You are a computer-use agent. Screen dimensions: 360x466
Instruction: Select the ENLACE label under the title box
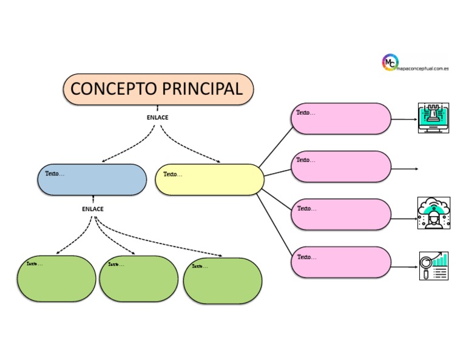[x=157, y=117]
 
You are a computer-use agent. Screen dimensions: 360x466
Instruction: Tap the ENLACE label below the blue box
[x=93, y=209]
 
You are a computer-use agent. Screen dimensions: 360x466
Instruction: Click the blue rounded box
[x=92, y=179]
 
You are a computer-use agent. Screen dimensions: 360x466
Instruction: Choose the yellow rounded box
[x=209, y=179]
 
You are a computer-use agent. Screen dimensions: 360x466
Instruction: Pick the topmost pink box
[x=340, y=118]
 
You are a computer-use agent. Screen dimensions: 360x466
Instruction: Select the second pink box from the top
[x=340, y=166]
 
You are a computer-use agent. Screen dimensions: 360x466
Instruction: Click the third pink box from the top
[x=340, y=214]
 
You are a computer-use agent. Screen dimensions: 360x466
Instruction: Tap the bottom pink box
[x=340, y=262]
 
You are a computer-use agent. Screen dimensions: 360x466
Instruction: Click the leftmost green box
[x=56, y=279]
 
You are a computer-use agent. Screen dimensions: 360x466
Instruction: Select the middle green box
[x=138, y=279]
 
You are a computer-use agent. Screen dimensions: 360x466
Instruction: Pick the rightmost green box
[x=223, y=280]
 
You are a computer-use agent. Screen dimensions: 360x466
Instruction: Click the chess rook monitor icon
[x=433, y=118]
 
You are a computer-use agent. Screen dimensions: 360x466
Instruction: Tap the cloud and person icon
[x=434, y=213]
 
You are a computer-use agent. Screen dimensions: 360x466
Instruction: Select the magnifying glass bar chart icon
[x=434, y=265]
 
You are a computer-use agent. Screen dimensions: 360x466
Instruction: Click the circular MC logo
[x=390, y=62]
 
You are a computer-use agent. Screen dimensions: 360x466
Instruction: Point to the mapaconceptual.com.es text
[x=422, y=69]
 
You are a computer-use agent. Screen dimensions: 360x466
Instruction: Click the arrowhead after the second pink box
[x=416, y=168]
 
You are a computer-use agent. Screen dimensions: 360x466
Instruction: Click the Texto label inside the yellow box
[x=173, y=174]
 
